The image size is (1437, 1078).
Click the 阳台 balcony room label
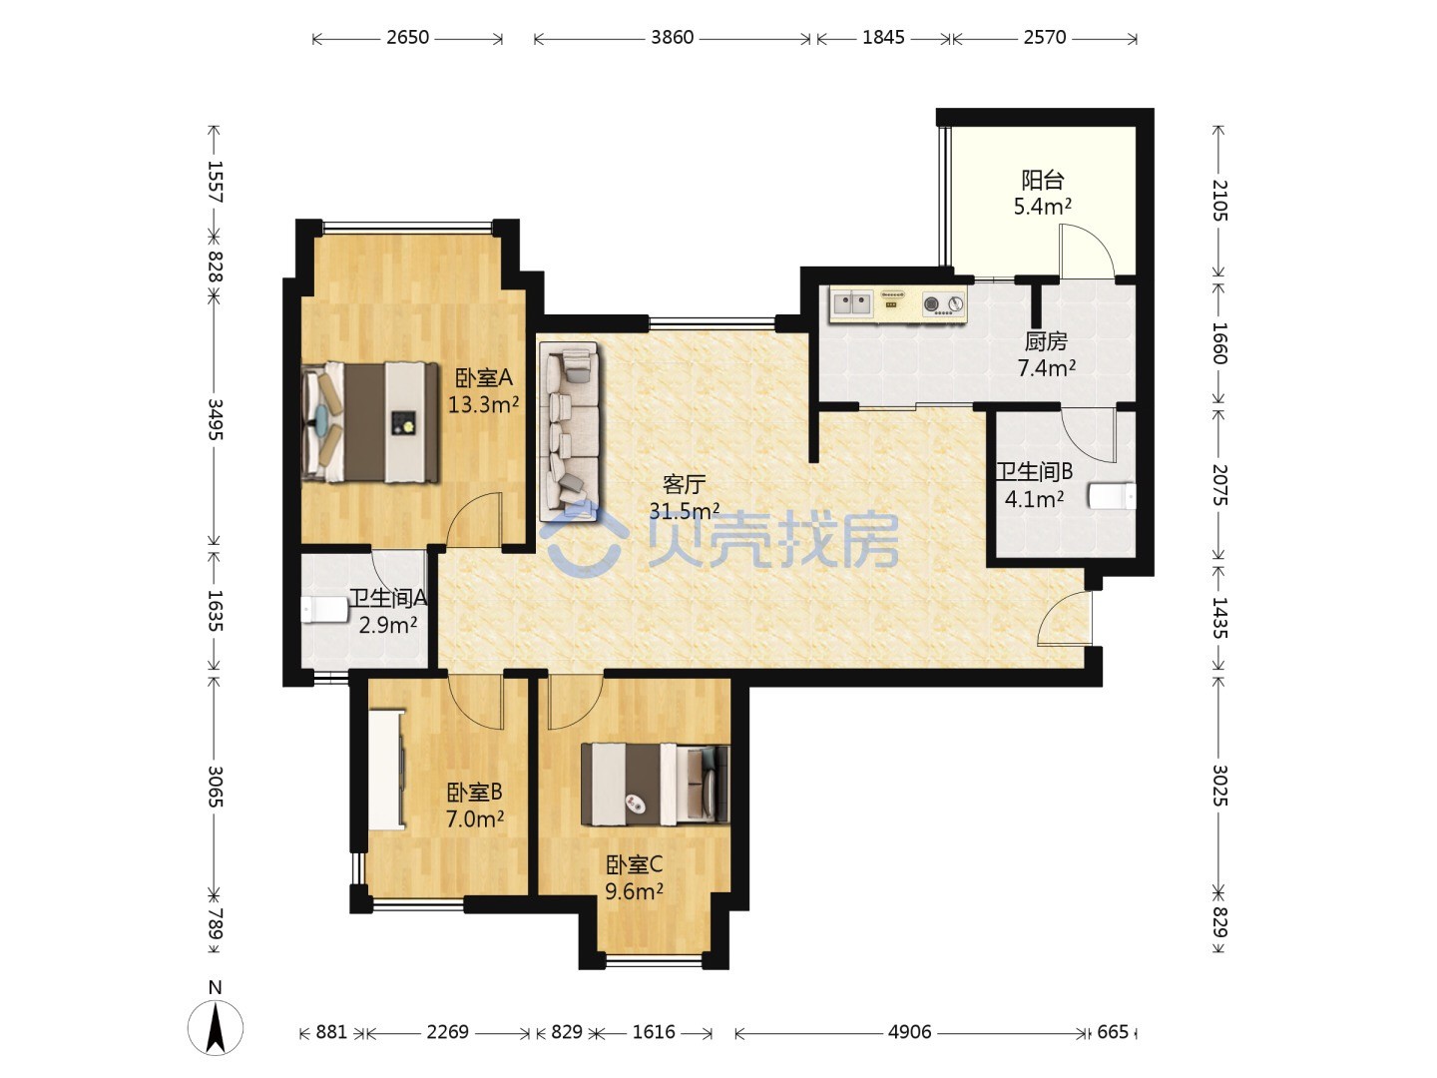pyautogui.click(x=1043, y=179)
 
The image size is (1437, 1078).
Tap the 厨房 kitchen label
pyautogui.click(x=1046, y=341)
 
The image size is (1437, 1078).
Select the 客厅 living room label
pyautogui.click(x=685, y=484)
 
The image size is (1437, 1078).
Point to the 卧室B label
pyautogui.click(x=475, y=793)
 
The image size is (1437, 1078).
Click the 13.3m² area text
pyautogui.click(x=483, y=404)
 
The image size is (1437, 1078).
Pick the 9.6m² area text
pyautogui.click(x=634, y=891)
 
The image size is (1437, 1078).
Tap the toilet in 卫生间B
pyautogui.click(x=1112, y=496)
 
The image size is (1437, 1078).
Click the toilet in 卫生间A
pyautogui.click(x=324, y=609)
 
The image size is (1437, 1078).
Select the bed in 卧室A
pyautogui.click(x=370, y=423)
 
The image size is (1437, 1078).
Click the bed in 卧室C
pyautogui.click(x=655, y=785)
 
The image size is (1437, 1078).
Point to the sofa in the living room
pyautogui.click(x=569, y=432)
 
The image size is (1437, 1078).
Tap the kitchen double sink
pyautogui.click(x=852, y=303)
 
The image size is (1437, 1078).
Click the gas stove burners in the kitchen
pyautogui.click(x=943, y=303)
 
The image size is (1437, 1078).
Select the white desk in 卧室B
pyautogui.click(x=385, y=769)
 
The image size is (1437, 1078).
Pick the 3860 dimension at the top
pyautogui.click(x=673, y=37)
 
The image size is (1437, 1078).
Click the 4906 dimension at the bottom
pyautogui.click(x=909, y=1031)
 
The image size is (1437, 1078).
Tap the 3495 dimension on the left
pyautogui.click(x=216, y=419)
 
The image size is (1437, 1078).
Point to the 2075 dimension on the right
pyautogui.click(x=1219, y=485)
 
